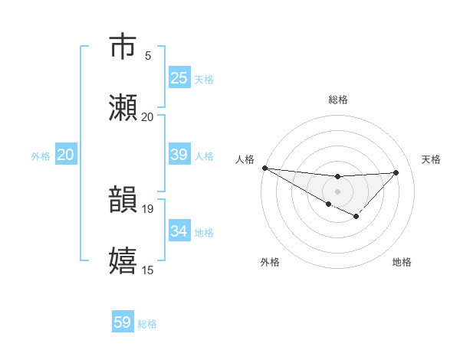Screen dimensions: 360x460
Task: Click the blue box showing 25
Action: click(179, 78)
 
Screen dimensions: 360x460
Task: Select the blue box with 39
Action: click(179, 155)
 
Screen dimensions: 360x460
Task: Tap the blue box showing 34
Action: click(179, 231)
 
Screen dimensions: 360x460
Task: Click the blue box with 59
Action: click(123, 322)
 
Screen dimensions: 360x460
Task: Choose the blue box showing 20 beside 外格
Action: click(65, 155)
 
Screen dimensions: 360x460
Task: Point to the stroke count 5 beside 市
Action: click(148, 56)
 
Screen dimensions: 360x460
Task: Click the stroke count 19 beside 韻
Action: click(148, 208)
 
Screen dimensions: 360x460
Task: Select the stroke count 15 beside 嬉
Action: click(148, 269)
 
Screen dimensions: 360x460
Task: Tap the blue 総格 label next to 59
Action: click(148, 324)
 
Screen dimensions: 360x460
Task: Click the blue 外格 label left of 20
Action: click(41, 156)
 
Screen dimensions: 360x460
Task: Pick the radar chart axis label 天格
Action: click(432, 159)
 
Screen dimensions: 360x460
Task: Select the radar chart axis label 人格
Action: click(244, 159)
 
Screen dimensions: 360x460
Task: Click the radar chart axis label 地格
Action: click(402, 262)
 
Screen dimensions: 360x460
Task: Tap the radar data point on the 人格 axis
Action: click(264, 168)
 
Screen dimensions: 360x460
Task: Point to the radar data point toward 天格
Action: click(396, 172)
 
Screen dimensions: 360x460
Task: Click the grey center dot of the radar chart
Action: click(337, 191)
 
